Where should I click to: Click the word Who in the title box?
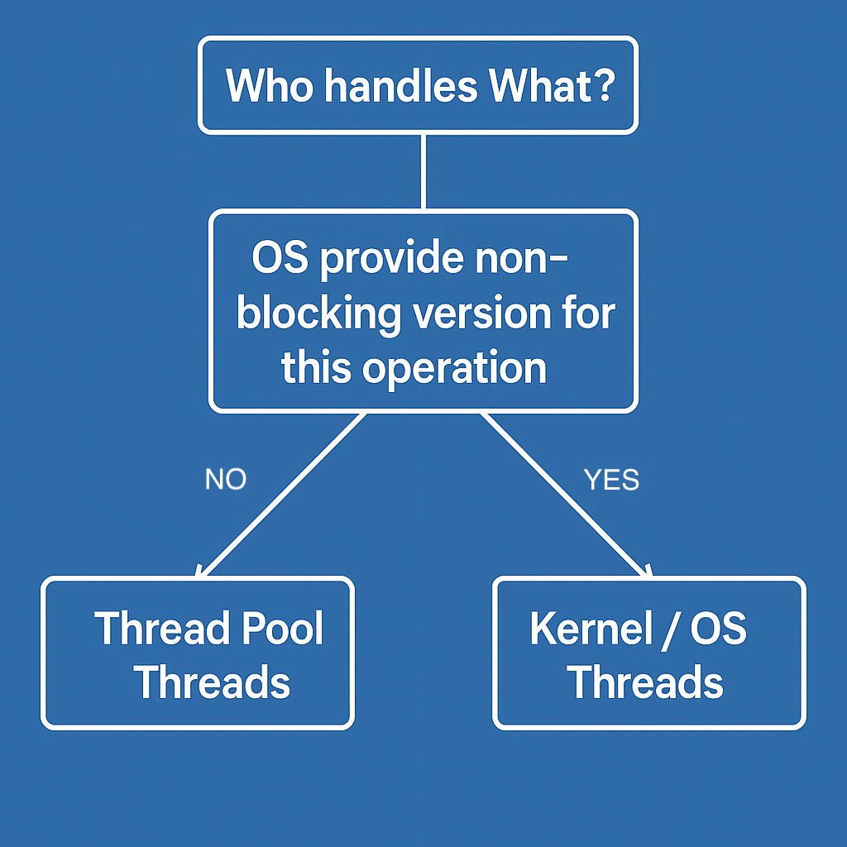[x=270, y=85]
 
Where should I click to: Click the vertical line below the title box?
[x=423, y=171]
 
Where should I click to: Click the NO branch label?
[x=226, y=480]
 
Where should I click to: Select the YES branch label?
[x=611, y=480]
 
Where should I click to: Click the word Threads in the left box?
[x=212, y=683]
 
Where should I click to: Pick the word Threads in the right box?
[x=645, y=683]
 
